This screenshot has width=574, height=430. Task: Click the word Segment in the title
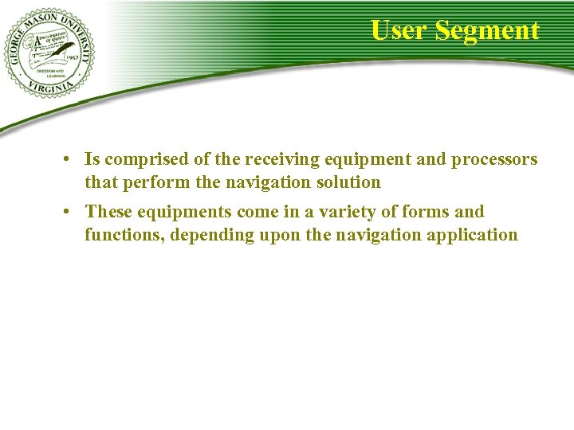point(488,31)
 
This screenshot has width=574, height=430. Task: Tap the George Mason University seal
point(49,53)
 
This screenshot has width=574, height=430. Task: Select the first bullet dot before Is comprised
point(70,160)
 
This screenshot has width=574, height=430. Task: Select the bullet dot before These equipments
point(70,212)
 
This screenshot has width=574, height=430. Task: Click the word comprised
point(141,160)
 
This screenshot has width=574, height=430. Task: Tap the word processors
point(494,160)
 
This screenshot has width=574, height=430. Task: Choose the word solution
point(348,182)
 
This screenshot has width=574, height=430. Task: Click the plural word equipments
point(181,212)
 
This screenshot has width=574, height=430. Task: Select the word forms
point(424,212)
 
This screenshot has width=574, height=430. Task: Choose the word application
point(475,234)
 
